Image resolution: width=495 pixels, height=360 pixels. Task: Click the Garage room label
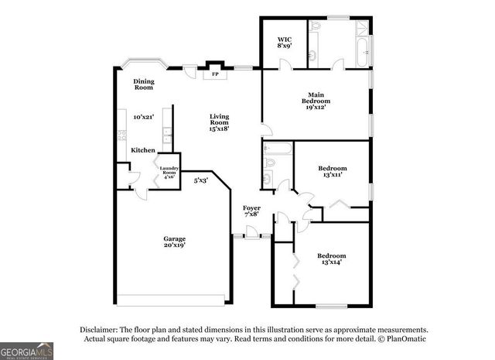[x=174, y=238]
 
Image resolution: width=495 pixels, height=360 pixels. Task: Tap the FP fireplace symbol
[x=215, y=75]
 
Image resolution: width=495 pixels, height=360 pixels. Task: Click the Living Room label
[x=220, y=119]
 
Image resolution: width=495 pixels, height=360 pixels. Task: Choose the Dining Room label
[x=144, y=84]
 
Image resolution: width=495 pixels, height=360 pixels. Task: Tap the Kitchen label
[x=142, y=150]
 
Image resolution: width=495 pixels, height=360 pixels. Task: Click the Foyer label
[x=251, y=208]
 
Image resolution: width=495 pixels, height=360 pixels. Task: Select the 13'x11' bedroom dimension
[x=333, y=176]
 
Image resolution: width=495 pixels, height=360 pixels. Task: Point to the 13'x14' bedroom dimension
[x=331, y=262]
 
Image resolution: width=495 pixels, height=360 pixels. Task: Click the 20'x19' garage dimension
[x=174, y=245]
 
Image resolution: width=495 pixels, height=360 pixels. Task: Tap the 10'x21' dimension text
[x=143, y=117]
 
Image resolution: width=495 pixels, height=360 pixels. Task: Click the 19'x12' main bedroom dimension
[x=315, y=108]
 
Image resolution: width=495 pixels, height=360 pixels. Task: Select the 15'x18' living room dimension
[x=220, y=129]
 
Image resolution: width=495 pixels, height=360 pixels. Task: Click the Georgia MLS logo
[x=26, y=350]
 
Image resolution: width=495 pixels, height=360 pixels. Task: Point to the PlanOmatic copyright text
[x=401, y=339]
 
